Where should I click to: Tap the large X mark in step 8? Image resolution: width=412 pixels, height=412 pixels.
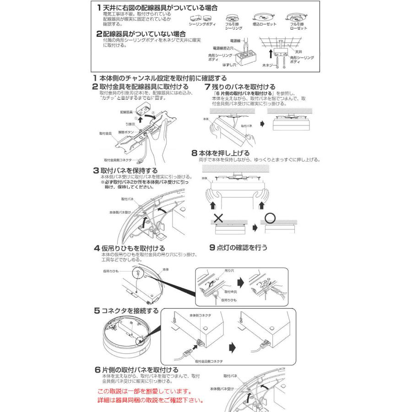218,217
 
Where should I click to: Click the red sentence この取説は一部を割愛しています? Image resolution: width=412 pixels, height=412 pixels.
144,392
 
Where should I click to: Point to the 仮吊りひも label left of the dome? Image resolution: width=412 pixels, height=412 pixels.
111,271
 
